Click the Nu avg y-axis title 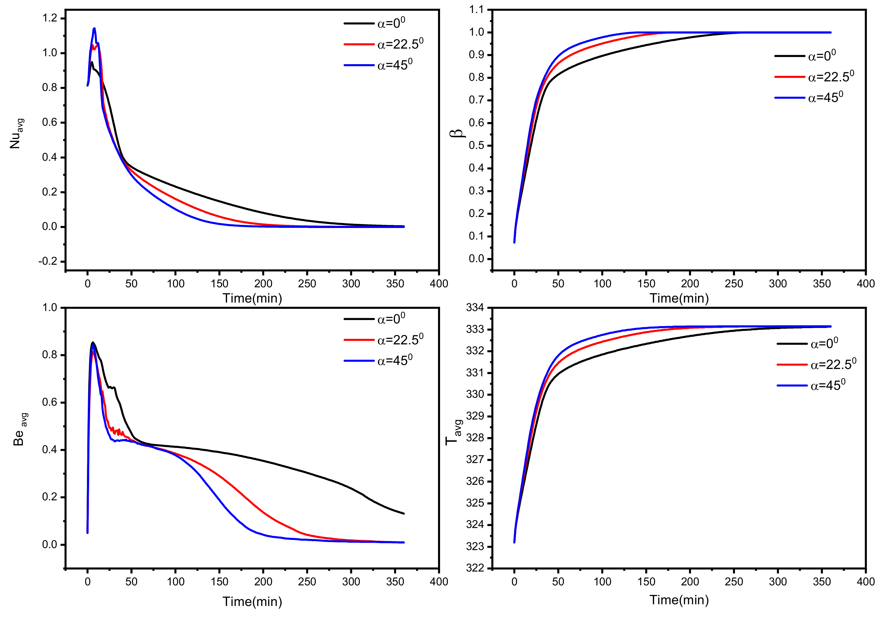click(16, 134)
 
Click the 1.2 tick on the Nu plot click(50, 18)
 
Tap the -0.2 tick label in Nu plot click(47, 261)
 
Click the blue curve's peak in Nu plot click(94, 28)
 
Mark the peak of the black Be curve click(92, 342)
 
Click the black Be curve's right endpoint click(404, 513)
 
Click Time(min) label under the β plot click(679, 298)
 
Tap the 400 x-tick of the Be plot click(439, 581)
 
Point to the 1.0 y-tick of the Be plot click(50, 308)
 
